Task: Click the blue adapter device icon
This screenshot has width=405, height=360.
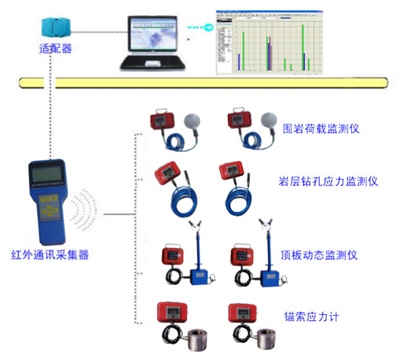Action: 55,28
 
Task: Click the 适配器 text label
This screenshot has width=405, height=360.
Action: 55,49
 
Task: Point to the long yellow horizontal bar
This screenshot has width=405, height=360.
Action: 202,82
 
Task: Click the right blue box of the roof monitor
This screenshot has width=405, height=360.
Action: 266,276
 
